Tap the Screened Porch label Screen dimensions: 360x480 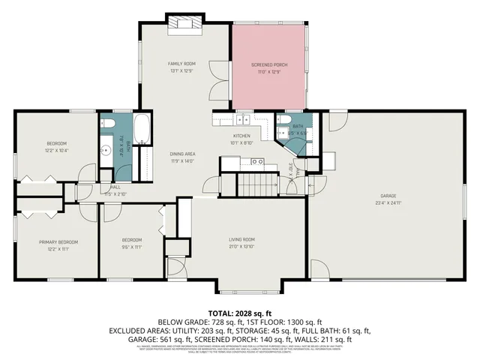point(268,65)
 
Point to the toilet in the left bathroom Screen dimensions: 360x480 point(106,125)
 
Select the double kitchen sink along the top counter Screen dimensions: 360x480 point(244,119)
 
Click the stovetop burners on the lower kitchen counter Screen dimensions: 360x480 point(256,161)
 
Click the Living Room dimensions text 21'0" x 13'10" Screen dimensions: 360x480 point(242,246)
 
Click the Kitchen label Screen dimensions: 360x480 point(241,136)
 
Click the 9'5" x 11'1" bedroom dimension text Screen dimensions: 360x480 point(132,246)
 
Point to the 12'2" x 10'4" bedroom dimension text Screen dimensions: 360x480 point(58,150)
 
